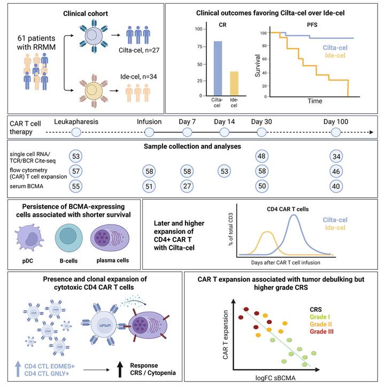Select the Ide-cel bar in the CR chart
tap(234, 83)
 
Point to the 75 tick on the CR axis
tap(199, 47)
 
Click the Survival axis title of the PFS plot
tap(257, 64)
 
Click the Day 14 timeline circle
tap(224, 133)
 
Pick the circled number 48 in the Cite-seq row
tap(261, 156)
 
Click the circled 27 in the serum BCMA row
tap(187, 186)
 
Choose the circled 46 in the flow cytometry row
tap(335, 171)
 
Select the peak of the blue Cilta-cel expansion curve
tap(294, 215)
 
